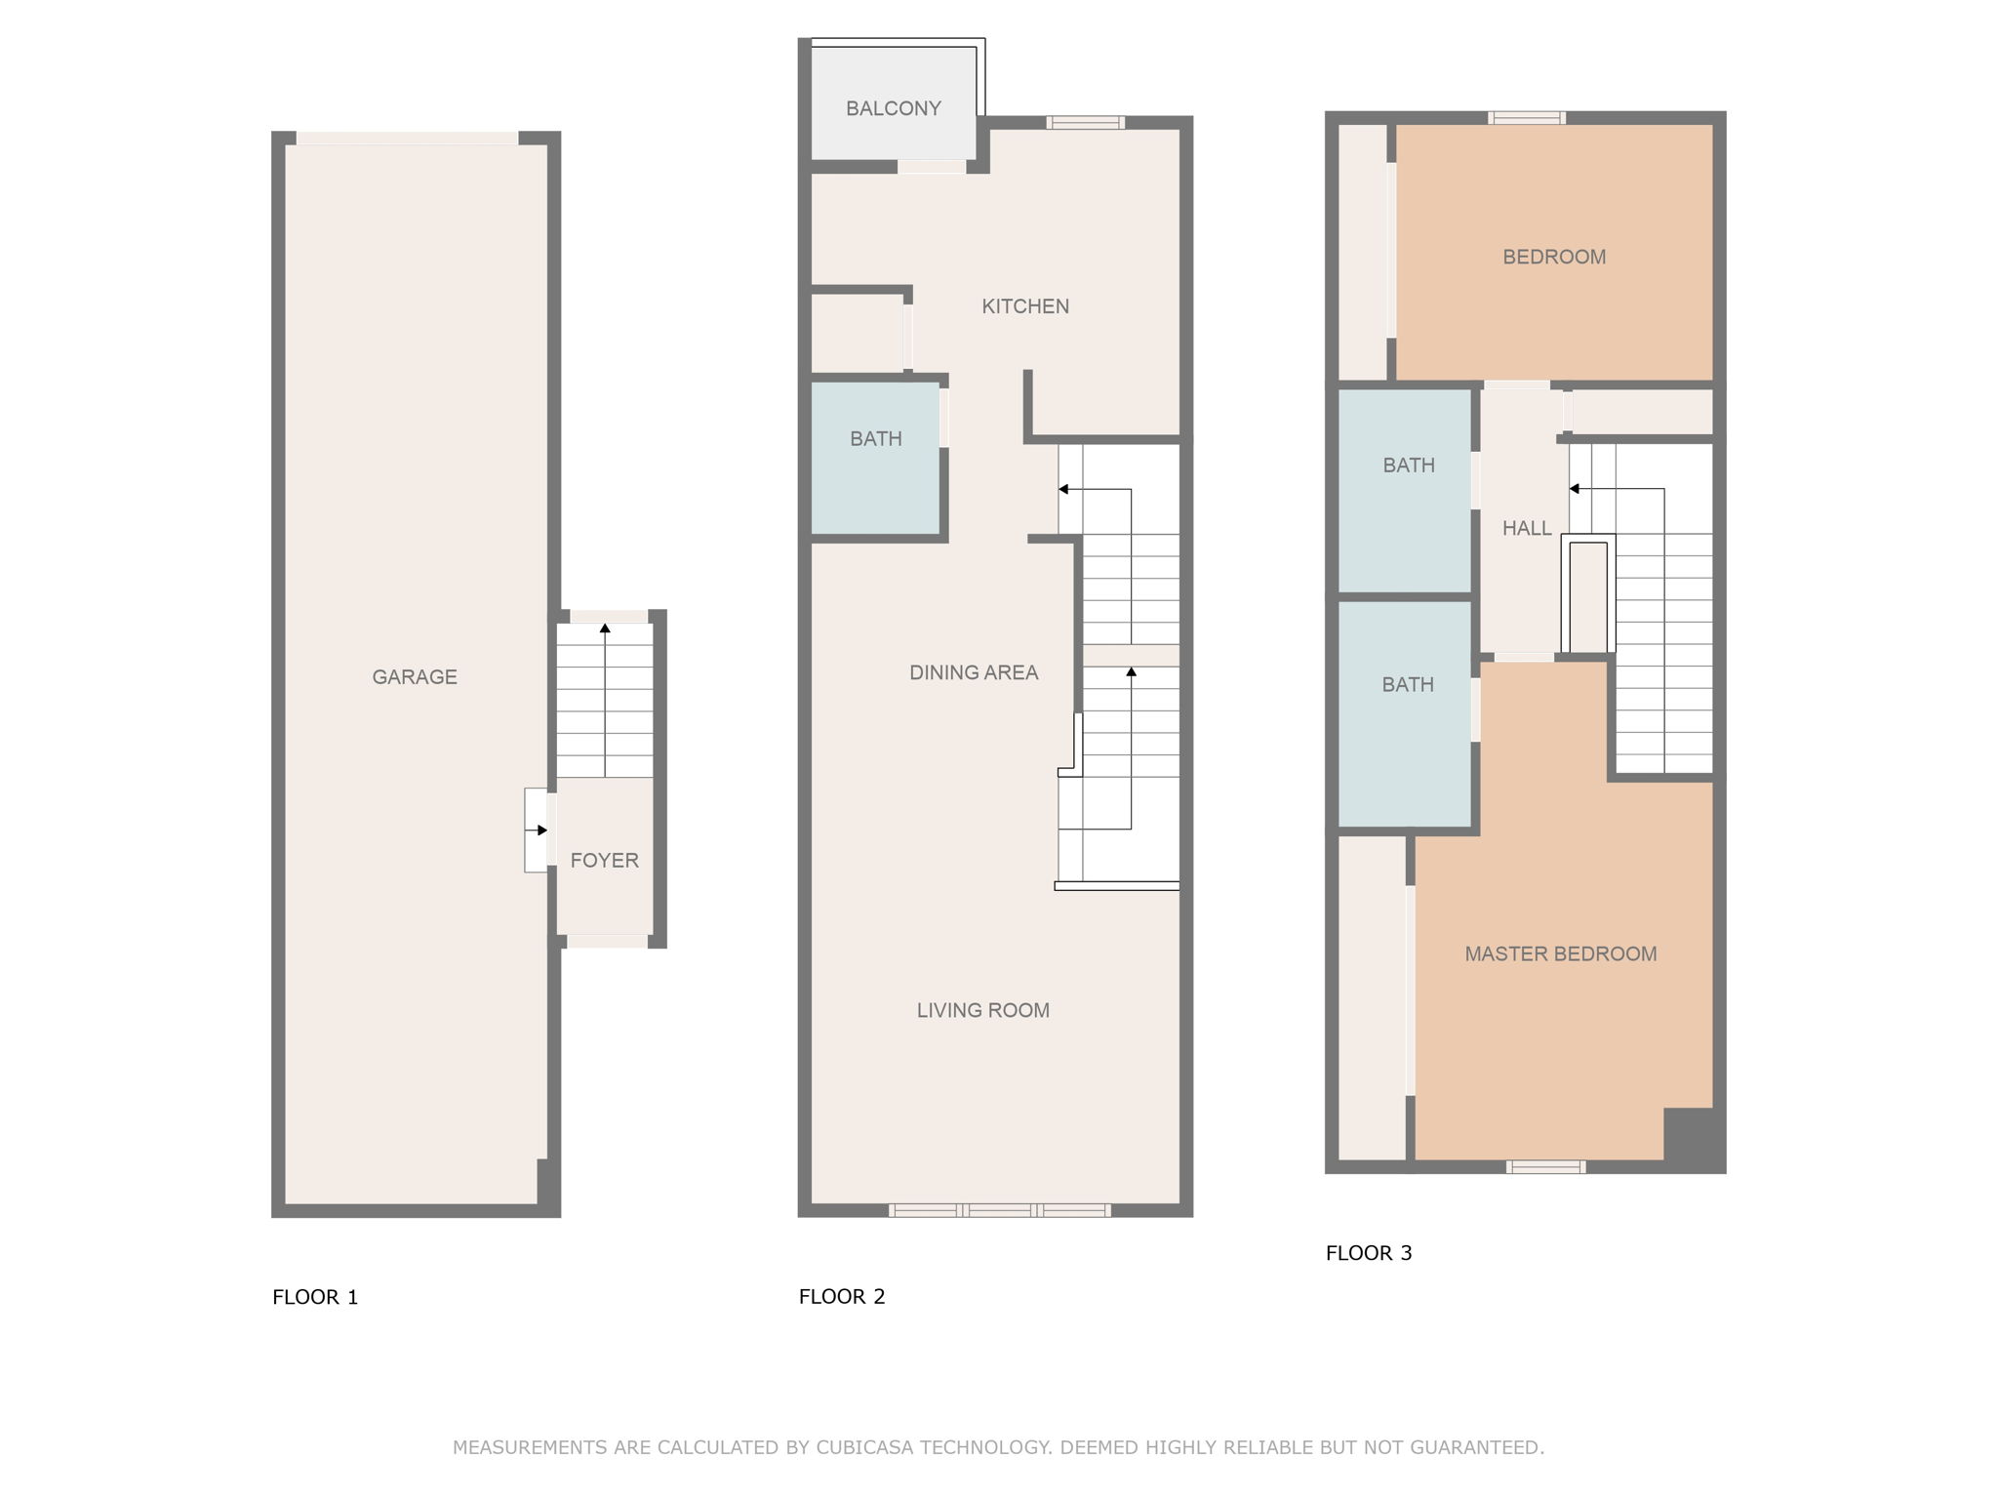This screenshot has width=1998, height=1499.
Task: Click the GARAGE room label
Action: (415, 676)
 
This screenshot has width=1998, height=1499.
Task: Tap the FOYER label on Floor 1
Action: (605, 860)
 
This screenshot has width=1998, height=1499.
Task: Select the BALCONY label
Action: (893, 108)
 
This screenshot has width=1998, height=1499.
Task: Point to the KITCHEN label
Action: (1025, 306)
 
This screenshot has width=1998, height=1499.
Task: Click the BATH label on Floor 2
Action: (876, 439)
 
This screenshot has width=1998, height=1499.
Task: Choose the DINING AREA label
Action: (974, 672)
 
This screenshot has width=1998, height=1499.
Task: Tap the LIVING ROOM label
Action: (983, 1010)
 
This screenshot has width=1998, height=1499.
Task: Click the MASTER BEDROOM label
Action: (1561, 953)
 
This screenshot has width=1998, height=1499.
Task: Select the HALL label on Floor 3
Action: (1527, 528)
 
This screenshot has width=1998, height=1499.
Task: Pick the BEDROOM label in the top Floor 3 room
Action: (1554, 257)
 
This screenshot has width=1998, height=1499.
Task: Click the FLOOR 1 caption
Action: (315, 1297)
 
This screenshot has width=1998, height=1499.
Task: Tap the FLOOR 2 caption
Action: (842, 1296)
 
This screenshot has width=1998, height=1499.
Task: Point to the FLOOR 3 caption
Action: (1369, 1253)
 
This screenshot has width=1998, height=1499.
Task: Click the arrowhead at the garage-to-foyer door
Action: (542, 831)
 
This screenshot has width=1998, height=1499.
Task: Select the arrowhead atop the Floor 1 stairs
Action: (605, 628)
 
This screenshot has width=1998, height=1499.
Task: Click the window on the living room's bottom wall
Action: (1000, 1210)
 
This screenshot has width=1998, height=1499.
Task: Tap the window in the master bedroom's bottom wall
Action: (1545, 1166)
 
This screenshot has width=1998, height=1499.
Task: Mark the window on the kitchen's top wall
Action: (1086, 122)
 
